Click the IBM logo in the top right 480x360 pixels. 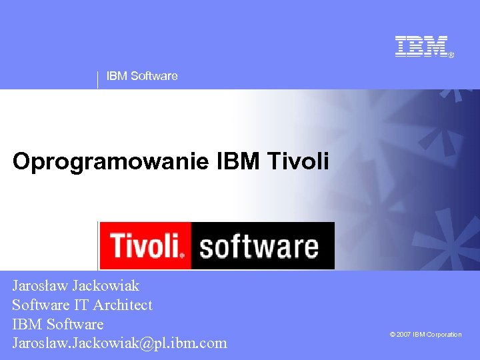click(x=421, y=46)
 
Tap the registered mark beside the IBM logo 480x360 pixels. click(x=451, y=55)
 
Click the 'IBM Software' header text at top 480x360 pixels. click(x=142, y=76)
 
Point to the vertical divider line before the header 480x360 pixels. click(x=98, y=79)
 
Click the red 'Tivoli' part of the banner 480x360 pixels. click(x=146, y=245)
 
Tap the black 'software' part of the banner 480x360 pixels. click(x=260, y=246)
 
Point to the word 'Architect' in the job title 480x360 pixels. click(x=123, y=305)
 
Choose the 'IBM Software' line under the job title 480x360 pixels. click(x=58, y=325)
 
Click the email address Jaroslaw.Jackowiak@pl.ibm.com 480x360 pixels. click(x=119, y=344)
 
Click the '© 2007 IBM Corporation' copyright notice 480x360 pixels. click(x=425, y=335)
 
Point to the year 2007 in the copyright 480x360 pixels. click(x=404, y=335)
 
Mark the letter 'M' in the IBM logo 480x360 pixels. click(x=436, y=46)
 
